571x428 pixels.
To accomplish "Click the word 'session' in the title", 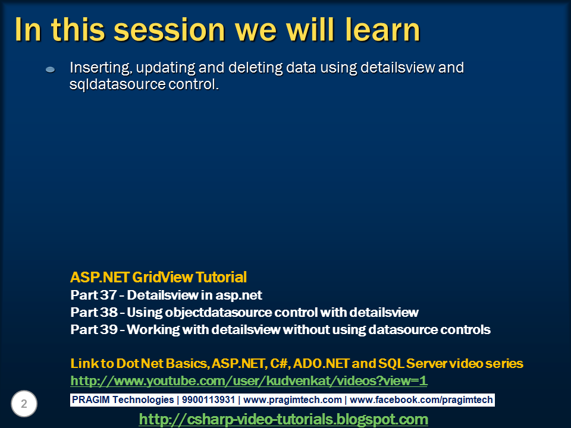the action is pos(170,30).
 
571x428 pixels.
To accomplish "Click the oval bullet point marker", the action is pos(50,70).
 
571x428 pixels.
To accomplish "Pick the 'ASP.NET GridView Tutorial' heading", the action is pos(158,278).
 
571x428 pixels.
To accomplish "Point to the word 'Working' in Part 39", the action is pos(153,330).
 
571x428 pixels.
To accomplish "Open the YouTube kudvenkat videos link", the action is pos(249,380).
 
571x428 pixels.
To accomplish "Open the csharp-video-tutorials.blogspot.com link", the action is pos(284,419).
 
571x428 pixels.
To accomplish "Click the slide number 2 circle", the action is pos(24,404).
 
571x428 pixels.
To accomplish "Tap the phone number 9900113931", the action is pos(208,399).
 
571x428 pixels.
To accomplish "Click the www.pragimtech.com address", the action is pos(293,400).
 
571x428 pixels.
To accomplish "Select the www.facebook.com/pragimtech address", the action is pos(421,400).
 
